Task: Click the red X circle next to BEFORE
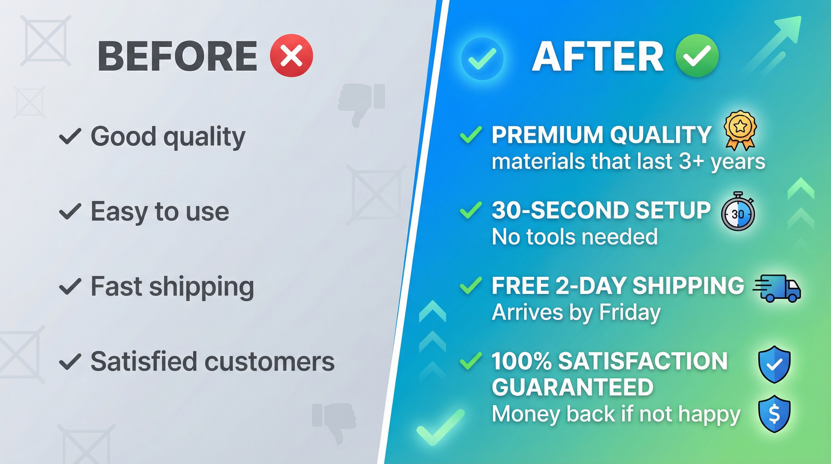tap(291, 55)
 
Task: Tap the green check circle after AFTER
tap(697, 55)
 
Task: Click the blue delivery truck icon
tap(778, 288)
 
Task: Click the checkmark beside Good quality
tap(69, 136)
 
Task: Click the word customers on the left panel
tap(269, 361)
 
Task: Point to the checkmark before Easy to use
tap(69, 211)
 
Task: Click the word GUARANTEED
tap(573, 387)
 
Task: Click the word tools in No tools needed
tap(553, 237)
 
